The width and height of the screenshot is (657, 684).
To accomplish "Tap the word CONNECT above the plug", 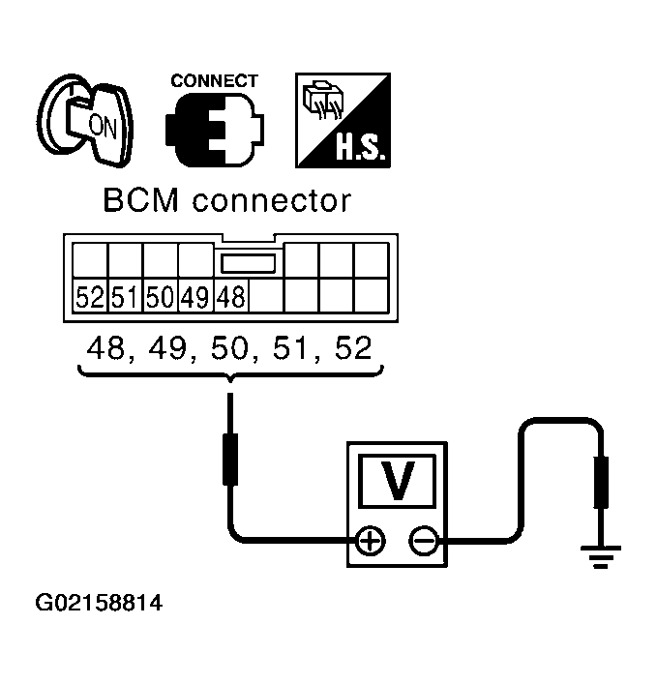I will (214, 81).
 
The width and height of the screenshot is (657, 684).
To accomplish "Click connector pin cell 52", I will (90, 297).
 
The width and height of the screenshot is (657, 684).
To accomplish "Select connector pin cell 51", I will (125, 297).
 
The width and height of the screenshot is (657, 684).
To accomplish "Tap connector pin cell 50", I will (160, 297).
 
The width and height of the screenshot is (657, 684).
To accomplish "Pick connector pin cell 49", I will (194, 297).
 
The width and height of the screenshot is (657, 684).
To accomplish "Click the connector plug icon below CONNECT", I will (213, 130).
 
